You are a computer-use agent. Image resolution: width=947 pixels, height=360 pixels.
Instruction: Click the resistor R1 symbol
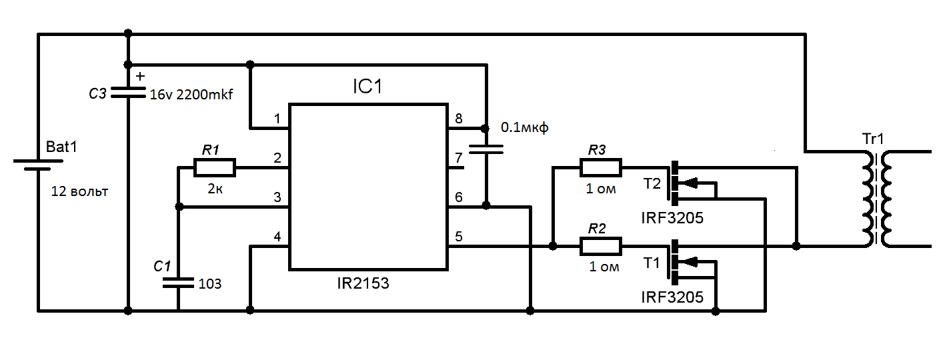215,168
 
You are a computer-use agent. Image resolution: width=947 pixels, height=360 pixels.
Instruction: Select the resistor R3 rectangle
600,168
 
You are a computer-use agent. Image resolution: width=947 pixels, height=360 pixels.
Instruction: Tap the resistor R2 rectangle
600,247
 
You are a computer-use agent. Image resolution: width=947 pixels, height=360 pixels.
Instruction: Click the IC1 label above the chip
367,86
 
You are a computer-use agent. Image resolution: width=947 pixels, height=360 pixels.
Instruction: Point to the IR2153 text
363,283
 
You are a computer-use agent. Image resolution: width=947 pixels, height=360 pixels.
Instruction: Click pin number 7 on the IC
459,158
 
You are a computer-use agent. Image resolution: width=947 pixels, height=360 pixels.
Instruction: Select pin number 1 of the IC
277,119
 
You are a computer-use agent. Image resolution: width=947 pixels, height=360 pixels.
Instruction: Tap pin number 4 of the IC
277,236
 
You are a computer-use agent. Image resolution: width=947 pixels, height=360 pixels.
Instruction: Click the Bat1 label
62,147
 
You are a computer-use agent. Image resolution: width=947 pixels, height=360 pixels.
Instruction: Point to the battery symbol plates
38,165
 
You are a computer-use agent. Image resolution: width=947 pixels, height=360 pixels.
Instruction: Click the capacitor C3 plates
128,93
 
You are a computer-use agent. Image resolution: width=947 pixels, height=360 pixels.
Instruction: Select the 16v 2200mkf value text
191,94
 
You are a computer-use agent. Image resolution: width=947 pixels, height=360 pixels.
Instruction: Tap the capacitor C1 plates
179,283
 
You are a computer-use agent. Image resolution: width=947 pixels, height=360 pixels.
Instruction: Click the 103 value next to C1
209,283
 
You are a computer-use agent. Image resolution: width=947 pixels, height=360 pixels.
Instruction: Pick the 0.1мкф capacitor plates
486,149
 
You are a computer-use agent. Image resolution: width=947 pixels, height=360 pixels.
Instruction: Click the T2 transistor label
652,184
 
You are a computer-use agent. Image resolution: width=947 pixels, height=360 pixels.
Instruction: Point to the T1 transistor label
652,263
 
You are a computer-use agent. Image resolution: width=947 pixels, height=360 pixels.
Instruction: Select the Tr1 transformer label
872,139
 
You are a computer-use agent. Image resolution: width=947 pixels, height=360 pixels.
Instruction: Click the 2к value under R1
215,189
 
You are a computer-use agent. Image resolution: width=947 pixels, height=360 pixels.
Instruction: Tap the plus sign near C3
140,76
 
